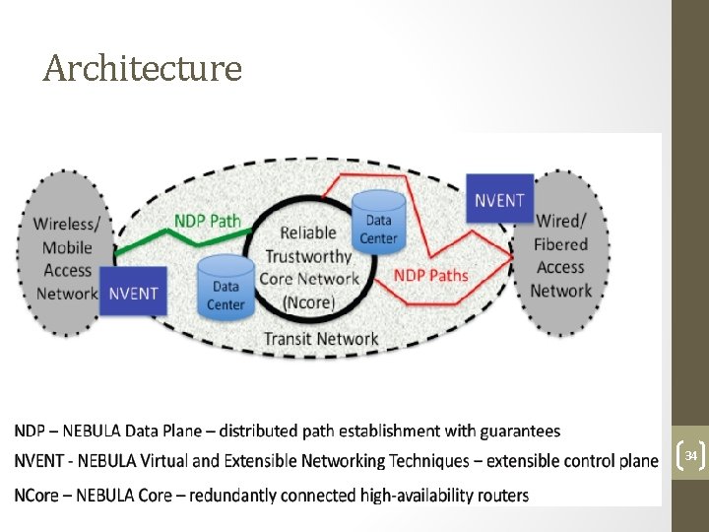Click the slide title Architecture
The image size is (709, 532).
[x=143, y=68]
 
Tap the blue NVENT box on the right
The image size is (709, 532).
[x=500, y=200]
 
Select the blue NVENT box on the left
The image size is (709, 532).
[x=134, y=293]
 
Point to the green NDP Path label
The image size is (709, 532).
[x=208, y=220]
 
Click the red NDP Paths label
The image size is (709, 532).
[x=431, y=274]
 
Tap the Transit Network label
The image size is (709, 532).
[x=321, y=339]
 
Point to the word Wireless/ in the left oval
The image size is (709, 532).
[x=67, y=224]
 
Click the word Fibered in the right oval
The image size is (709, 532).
[x=560, y=244]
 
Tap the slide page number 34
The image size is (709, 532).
[x=691, y=455]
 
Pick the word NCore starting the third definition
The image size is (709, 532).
[x=36, y=495]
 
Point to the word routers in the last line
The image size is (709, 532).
[x=501, y=495]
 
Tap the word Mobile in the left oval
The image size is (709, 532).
[x=67, y=247]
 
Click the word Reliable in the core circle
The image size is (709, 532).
[x=308, y=233]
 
